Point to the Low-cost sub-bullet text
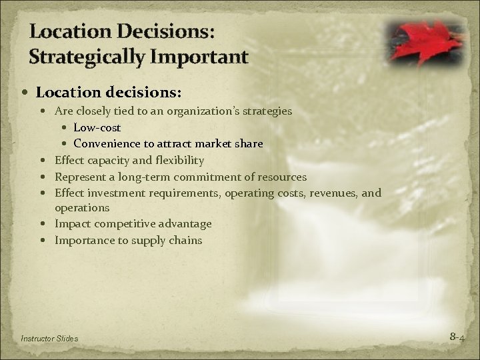(x=97, y=127)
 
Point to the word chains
(x=187, y=240)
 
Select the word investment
(x=114, y=193)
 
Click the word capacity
(x=109, y=160)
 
